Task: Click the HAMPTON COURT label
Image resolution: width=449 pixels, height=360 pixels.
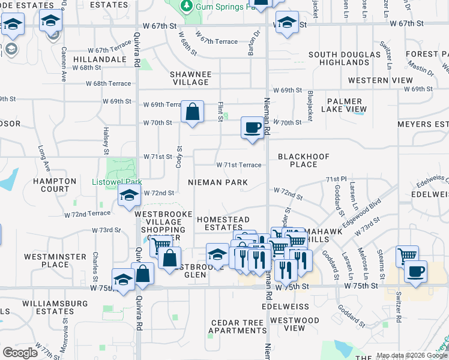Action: tap(55, 185)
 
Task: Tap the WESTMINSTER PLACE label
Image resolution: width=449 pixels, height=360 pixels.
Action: tap(55, 260)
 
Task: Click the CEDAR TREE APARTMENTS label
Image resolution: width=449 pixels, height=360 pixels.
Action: tap(237, 326)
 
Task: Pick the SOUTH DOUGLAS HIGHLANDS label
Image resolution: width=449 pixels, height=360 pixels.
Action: tap(339, 58)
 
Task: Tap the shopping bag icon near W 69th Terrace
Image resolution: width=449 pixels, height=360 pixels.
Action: tap(192, 111)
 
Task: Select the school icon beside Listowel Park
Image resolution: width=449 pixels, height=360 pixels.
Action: tap(129, 196)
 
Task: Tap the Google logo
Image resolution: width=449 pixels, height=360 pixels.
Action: tap(20, 353)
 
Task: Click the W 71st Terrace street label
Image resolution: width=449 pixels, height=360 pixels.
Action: tap(238, 165)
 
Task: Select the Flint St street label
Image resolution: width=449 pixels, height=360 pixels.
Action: tap(220, 111)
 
